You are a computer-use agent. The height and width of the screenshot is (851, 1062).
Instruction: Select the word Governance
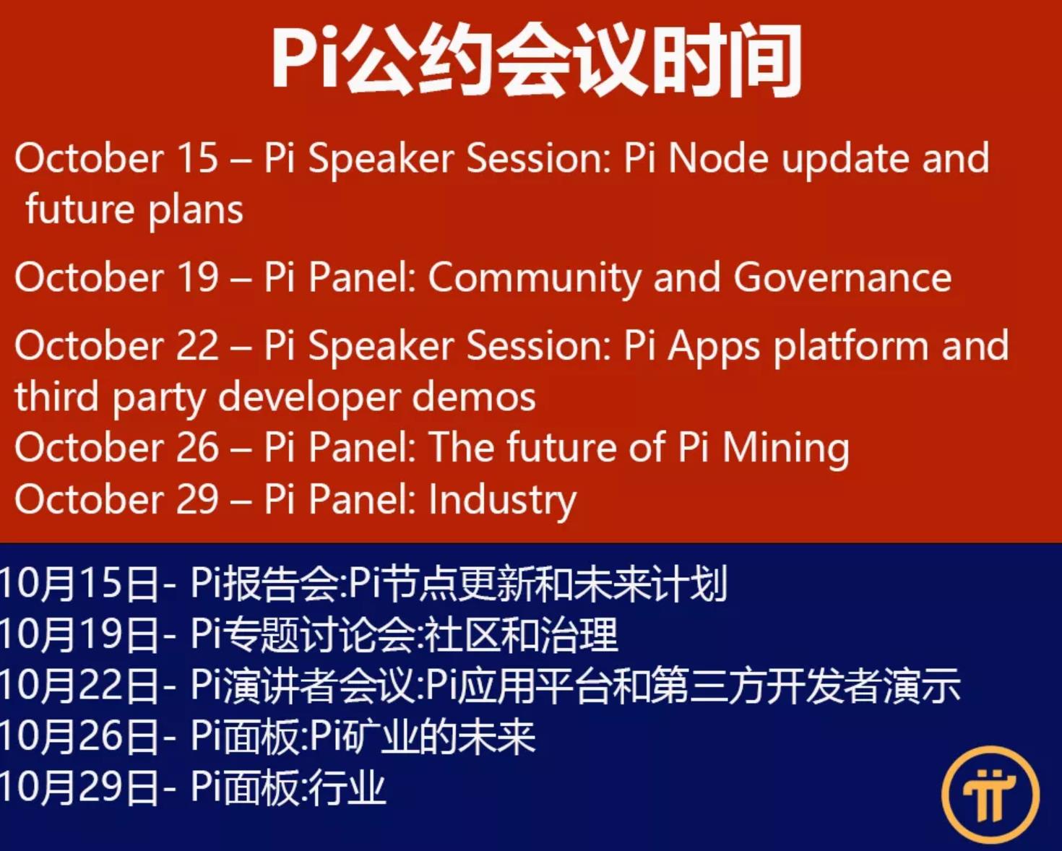coord(842,277)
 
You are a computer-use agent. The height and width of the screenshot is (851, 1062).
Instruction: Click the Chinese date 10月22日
coord(79,686)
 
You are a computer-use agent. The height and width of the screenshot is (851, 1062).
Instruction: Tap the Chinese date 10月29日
coord(79,787)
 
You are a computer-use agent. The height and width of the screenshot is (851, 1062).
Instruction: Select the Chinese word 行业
coord(347,787)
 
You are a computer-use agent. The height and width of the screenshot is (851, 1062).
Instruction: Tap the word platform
coord(851,347)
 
